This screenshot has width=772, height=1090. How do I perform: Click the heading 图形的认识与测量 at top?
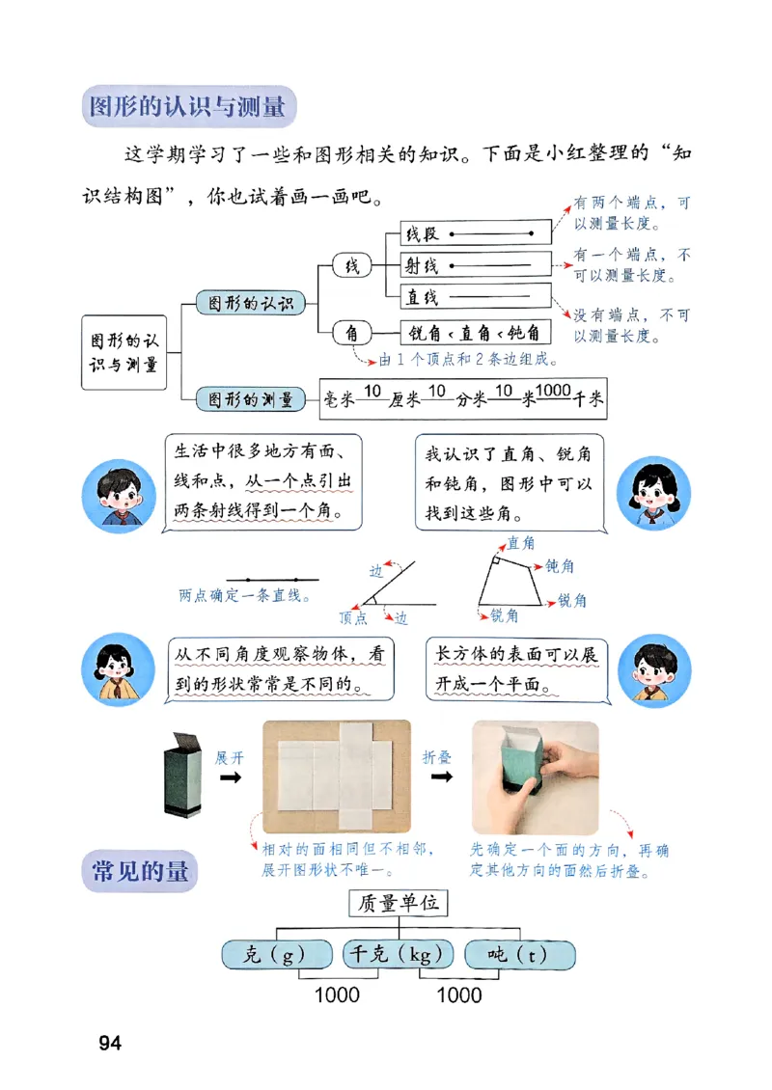[187, 106]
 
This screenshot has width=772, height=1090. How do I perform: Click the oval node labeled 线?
[351, 266]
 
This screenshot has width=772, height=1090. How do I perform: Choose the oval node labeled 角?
[351, 334]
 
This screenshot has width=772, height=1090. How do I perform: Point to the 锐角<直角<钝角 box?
[475, 334]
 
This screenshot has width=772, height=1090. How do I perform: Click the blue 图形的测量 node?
[244, 398]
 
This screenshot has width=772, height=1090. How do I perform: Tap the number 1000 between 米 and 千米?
[553, 390]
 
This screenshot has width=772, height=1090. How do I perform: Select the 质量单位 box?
[399, 904]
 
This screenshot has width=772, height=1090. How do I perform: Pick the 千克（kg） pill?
[399, 955]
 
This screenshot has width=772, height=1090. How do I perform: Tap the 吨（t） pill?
[519, 955]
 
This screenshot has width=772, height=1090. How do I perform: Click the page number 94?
[109, 1043]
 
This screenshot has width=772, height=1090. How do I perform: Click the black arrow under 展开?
[230, 777]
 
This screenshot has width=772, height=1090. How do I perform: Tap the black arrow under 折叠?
[439, 777]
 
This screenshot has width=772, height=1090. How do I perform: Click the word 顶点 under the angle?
[353, 617]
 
